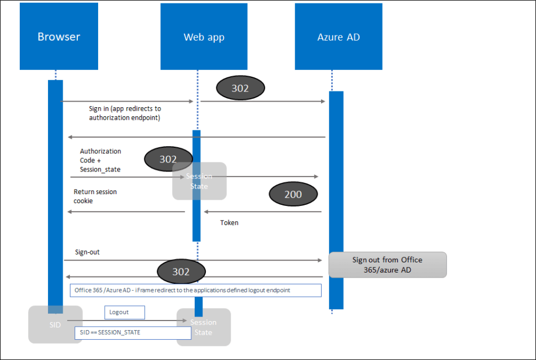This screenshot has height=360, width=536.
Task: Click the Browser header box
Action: (59, 37)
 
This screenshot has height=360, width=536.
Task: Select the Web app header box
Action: (204, 37)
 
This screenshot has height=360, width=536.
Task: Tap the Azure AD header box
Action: (339, 37)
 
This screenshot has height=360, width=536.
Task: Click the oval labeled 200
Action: (293, 194)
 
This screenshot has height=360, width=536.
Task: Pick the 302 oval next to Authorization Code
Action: (168, 159)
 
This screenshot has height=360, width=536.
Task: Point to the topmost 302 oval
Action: (240, 89)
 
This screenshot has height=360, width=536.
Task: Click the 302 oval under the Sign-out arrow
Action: (181, 271)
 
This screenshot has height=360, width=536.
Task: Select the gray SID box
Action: (55, 324)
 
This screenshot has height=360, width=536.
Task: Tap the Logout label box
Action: (124, 312)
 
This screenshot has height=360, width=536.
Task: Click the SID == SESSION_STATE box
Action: (125, 332)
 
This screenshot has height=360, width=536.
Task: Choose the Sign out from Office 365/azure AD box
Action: (388, 265)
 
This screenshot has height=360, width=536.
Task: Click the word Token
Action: (229, 223)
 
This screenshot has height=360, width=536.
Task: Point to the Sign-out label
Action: (87, 252)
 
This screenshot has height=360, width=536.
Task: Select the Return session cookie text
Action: (95, 196)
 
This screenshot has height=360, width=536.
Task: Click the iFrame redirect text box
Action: (195, 290)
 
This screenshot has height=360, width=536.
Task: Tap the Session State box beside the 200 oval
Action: (199, 181)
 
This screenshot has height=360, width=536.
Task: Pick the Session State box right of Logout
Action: (203, 327)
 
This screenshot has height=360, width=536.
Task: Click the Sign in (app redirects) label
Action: (125, 113)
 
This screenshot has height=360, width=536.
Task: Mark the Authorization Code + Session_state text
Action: (100, 160)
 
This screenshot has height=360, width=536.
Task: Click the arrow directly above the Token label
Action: (263, 212)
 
